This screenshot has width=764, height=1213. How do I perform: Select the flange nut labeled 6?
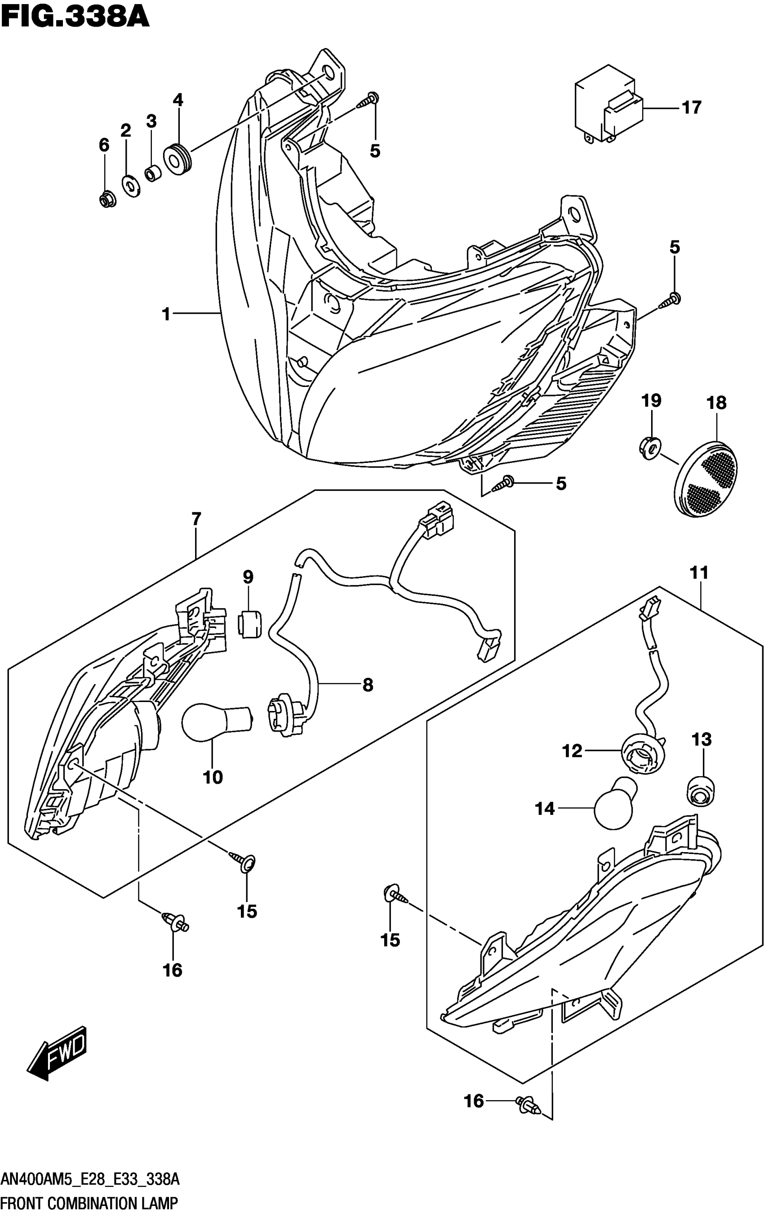pos(106,200)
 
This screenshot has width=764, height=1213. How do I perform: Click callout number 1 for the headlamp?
pos(166,314)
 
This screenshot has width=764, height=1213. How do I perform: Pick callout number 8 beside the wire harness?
pos(368,684)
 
